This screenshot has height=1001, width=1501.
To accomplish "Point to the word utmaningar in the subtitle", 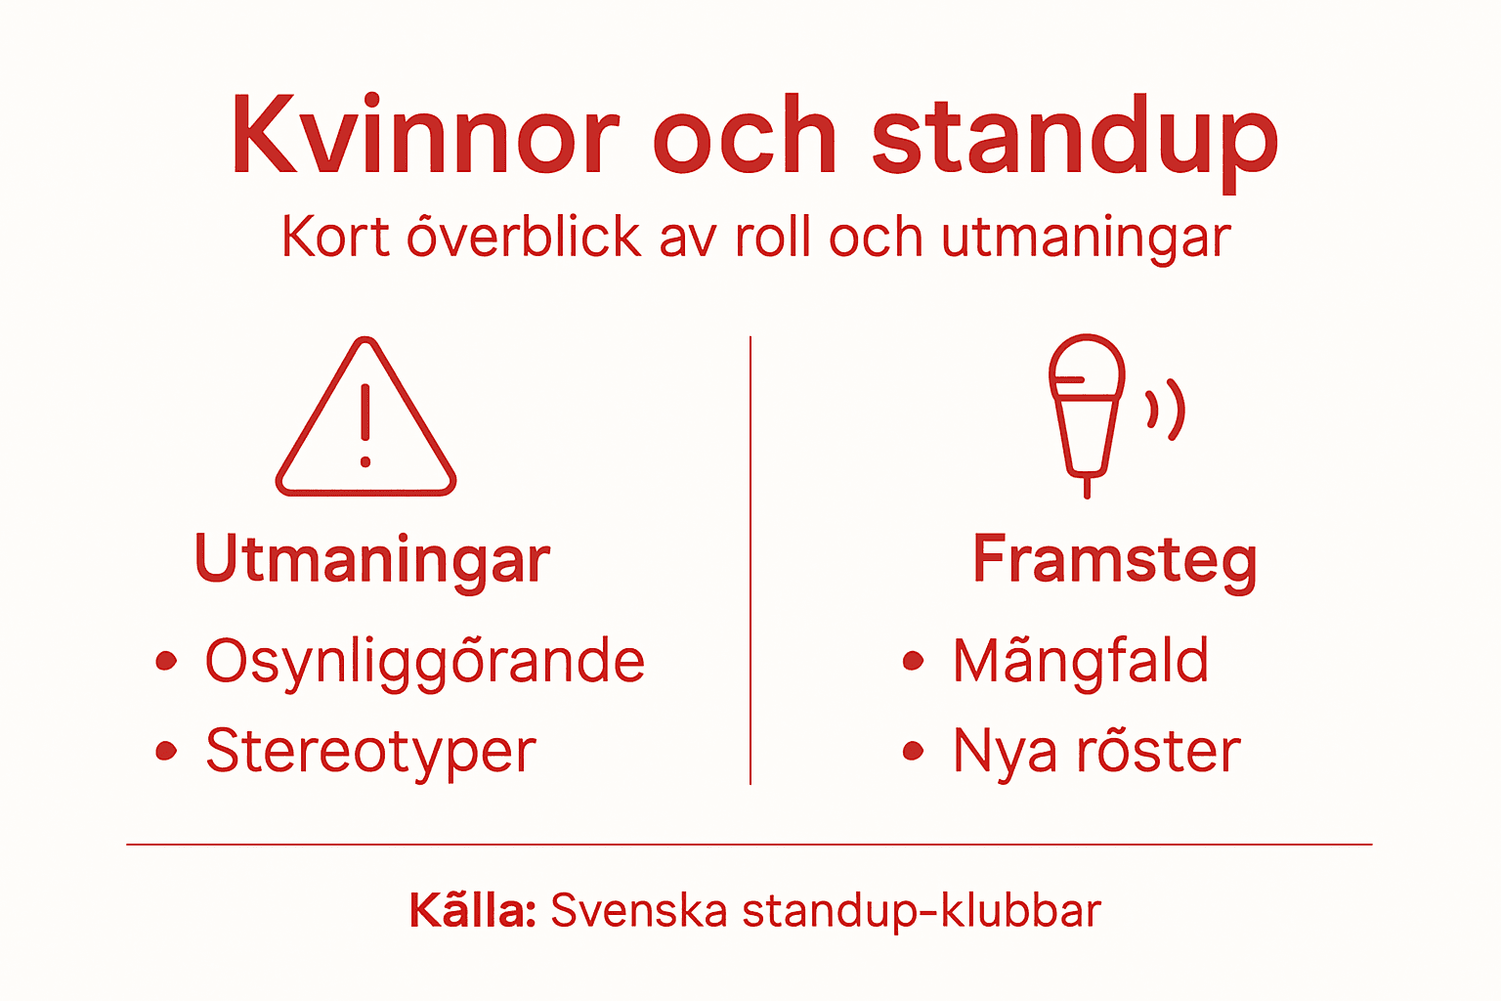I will tap(1085, 239).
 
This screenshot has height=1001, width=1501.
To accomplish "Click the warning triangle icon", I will tap(365, 420).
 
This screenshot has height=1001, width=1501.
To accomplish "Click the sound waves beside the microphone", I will tap(1167, 409).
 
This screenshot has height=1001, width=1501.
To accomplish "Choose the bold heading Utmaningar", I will tap(372, 559).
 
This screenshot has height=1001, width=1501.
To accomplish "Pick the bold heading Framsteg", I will tap(1114, 560).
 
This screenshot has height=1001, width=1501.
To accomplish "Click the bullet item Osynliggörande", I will tap(424, 662).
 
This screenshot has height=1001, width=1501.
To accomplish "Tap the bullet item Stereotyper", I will tap(370, 752).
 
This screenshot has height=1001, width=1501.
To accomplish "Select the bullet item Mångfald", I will tap(1081, 662).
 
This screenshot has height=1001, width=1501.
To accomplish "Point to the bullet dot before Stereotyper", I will tap(167, 751).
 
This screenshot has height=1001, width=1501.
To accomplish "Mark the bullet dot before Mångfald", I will tap(913, 662).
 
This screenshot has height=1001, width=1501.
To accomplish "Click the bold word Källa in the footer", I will tap(472, 910).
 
